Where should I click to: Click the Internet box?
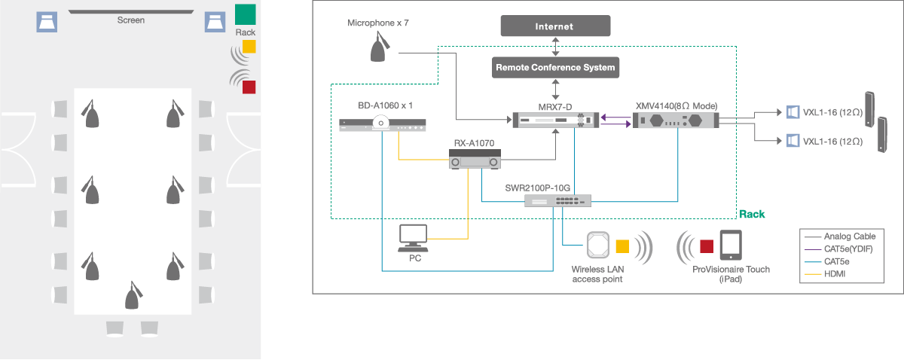coord(554,26)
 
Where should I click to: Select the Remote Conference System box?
coord(555,68)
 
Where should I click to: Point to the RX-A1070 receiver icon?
coord(475,160)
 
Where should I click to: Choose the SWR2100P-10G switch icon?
coord(557,200)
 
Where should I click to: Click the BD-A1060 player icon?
coord(383,126)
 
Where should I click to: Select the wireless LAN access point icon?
coord(598,246)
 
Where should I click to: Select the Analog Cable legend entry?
coord(844,236)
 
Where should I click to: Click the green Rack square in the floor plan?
coord(246,14)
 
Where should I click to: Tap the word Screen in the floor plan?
coord(130,20)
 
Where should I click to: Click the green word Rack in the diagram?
coord(752,215)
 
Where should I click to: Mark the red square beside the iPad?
coord(706,246)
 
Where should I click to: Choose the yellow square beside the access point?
coord(622,246)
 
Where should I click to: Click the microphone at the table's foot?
coord(133,295)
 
